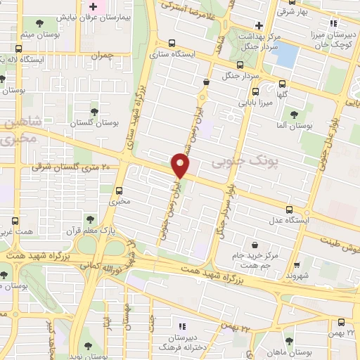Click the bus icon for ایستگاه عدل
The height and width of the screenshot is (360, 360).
point(289,209)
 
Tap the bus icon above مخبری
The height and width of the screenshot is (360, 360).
point(118,191)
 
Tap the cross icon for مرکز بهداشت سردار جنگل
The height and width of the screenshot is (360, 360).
point(259,25)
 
